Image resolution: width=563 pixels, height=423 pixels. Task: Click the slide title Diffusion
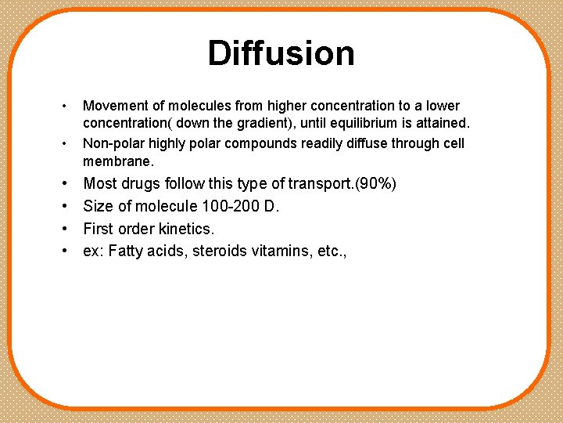pyautogui.click(x=281, y=53)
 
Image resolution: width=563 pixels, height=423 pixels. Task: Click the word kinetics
pyautogui.click(x=188, y=229)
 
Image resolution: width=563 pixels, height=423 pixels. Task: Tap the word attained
pyautogui.click(x=443, y=123)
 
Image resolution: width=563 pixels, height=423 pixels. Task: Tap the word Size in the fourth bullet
pyautogui.click(x=98, y=207)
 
